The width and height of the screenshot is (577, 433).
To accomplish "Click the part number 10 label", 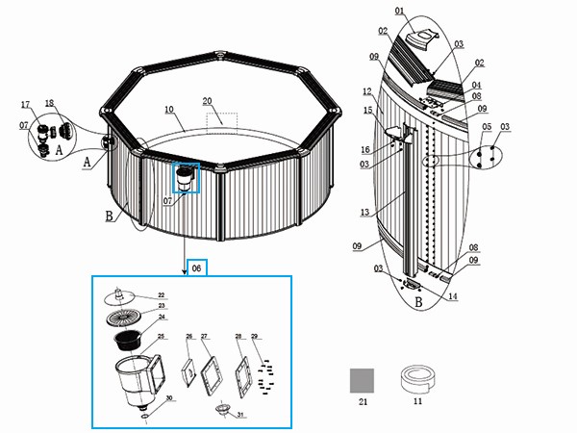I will pyautogui.click(x=168, y=110).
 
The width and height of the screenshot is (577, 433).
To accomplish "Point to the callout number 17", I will pyautogui.click(x=25, y=103).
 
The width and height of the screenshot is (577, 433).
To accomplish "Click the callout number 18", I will pyautogui.click(x=50, y=103).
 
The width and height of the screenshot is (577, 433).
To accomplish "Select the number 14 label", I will pyautogui.click(x=453, y=296).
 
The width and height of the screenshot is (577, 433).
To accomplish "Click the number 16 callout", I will pyautogui.click(x=366, y=149).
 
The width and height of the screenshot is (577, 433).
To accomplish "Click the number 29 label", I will pyautogui.click(x=255, y=337).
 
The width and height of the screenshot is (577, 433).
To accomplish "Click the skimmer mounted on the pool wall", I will pyautogui.click(x=185, y=177).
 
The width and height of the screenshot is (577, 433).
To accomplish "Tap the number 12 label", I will pyautogui.click(x=366, y=91).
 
